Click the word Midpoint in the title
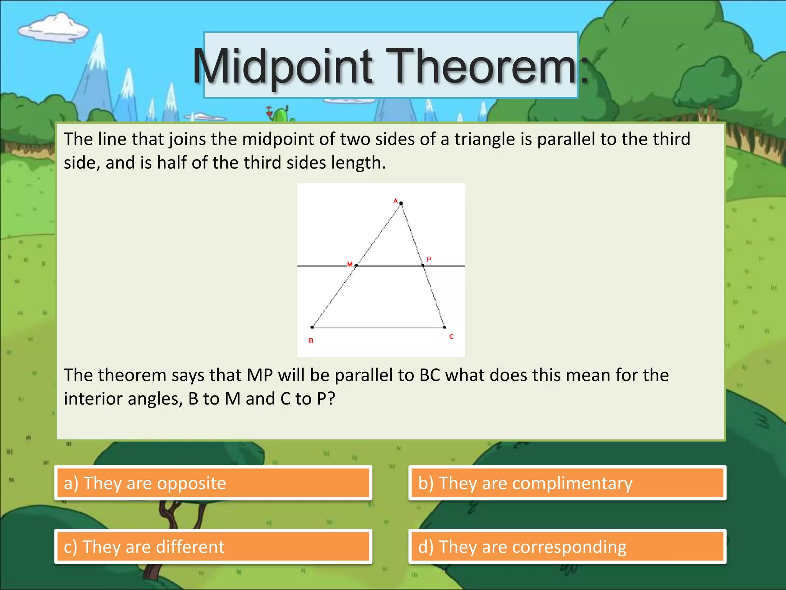[x=282, y=66]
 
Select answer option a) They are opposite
[x=213, y=483]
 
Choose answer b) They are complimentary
[x=567, y=483]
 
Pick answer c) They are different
[x=213, y=547]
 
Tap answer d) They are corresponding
[x=567, y=547]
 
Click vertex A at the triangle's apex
[x=401, y=203]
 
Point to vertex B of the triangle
[x=312, y=327]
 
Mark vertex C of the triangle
[x=444, y=327]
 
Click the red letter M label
[x=350, y=264]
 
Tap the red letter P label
[x=429, y=259]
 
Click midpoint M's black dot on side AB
[x=357, y=265]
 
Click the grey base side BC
[x=378, y=328]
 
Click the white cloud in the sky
[x=54, y=28]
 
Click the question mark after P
[x=331, y=399]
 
